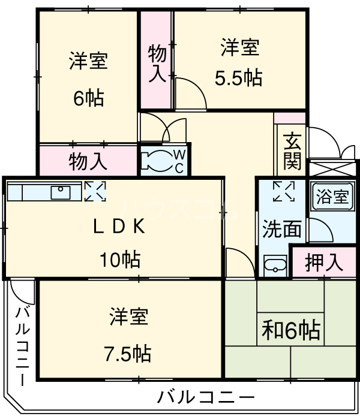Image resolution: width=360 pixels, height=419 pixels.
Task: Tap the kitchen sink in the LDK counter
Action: pos(61,192)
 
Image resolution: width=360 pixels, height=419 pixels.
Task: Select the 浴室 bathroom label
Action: pos(332,197)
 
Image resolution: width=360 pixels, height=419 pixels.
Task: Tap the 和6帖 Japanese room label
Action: pos(290,330)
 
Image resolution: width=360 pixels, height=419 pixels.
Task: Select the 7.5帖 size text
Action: pos(128,353)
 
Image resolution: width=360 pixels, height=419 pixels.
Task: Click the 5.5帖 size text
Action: pos(238,79)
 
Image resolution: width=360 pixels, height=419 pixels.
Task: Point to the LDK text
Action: pos(119,227)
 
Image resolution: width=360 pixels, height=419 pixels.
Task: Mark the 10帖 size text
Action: pos(119,260)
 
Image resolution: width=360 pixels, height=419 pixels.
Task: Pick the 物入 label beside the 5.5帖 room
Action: pos(157,62)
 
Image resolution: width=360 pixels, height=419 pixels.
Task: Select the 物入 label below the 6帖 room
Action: pos(88,161)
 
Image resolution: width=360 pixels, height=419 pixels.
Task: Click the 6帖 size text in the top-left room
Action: pos(88,97)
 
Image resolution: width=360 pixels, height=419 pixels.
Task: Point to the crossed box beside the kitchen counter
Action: pos(94,192)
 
